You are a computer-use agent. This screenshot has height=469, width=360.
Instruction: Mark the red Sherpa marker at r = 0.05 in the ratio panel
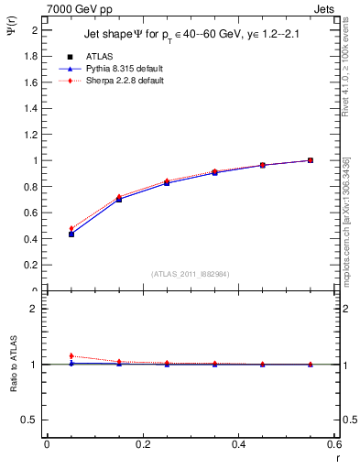pyautogui.click(x=71, y=356)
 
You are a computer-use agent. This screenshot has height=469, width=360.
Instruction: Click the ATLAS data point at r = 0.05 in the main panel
pyautogui.click(x=71, y=234)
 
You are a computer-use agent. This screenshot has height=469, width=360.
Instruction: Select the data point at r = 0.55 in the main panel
pyautogui.click(x=311, y=160)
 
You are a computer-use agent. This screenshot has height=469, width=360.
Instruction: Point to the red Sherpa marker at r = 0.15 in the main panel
pyautogui.click(x=119, y=197)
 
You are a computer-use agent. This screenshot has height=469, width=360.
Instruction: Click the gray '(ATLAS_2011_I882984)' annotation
pyautogui.click(x=191, y=274)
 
